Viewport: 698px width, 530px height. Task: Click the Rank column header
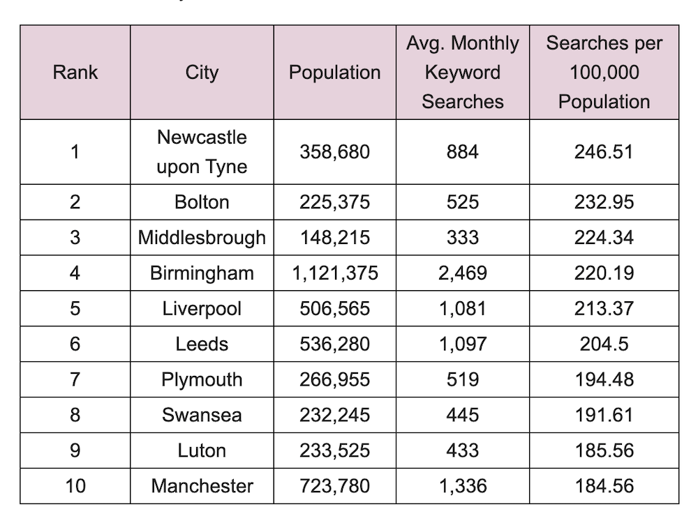click(x=75, y=73)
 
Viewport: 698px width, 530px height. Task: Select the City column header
click(x=202, y=73)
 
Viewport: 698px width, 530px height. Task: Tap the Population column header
click(x=335, y=73)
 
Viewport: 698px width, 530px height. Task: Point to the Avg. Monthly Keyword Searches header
click(x=463, y=73)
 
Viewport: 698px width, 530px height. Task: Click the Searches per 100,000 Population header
click(x=604, y=73)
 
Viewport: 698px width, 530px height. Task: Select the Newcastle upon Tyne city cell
click(x=202, y=152)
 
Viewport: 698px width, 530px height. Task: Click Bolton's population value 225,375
click(x=335, y=202)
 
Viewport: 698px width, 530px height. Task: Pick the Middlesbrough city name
click(x=202, y=238)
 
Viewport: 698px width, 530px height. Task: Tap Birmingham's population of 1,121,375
click(x=335, y=273)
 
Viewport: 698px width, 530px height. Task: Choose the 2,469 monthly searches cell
click(x=463, y=273)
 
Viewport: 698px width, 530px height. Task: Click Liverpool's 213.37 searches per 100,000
click(x=604, y=309)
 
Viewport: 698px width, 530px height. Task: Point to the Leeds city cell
click(x=202, y=344)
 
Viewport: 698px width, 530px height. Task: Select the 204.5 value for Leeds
click(x=604, y=344)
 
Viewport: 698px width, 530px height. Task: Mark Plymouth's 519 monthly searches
click(x=463, y=380)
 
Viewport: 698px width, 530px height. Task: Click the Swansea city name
click(x=202, y=416)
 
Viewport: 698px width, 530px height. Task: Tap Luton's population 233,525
click(x=335, y=451)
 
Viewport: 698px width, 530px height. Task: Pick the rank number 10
click(x=75, y=486)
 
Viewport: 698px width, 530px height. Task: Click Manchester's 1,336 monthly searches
click(x=463, y=486)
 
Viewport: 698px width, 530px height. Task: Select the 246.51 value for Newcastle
click(x=604, y=152)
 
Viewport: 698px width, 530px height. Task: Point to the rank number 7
click(x=75, y=380)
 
